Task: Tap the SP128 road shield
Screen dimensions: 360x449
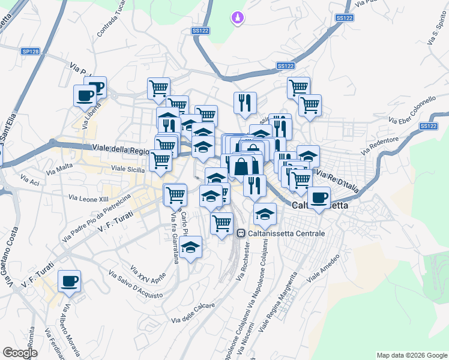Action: [30, 52]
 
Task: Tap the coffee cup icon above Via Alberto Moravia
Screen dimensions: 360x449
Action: [70, 280]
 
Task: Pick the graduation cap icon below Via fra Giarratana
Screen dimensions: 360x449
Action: [190, 247]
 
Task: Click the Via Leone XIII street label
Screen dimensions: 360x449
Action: [89, 197]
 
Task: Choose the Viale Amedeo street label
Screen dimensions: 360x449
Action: [324, 268]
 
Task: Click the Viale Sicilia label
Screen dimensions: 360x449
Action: [125, 170]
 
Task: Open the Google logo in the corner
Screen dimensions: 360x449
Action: [20, 352]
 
